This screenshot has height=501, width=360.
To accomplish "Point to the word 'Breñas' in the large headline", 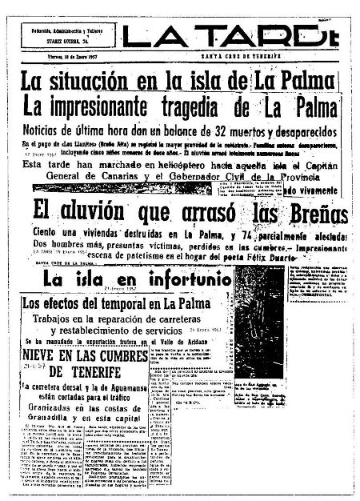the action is click(307, 214).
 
